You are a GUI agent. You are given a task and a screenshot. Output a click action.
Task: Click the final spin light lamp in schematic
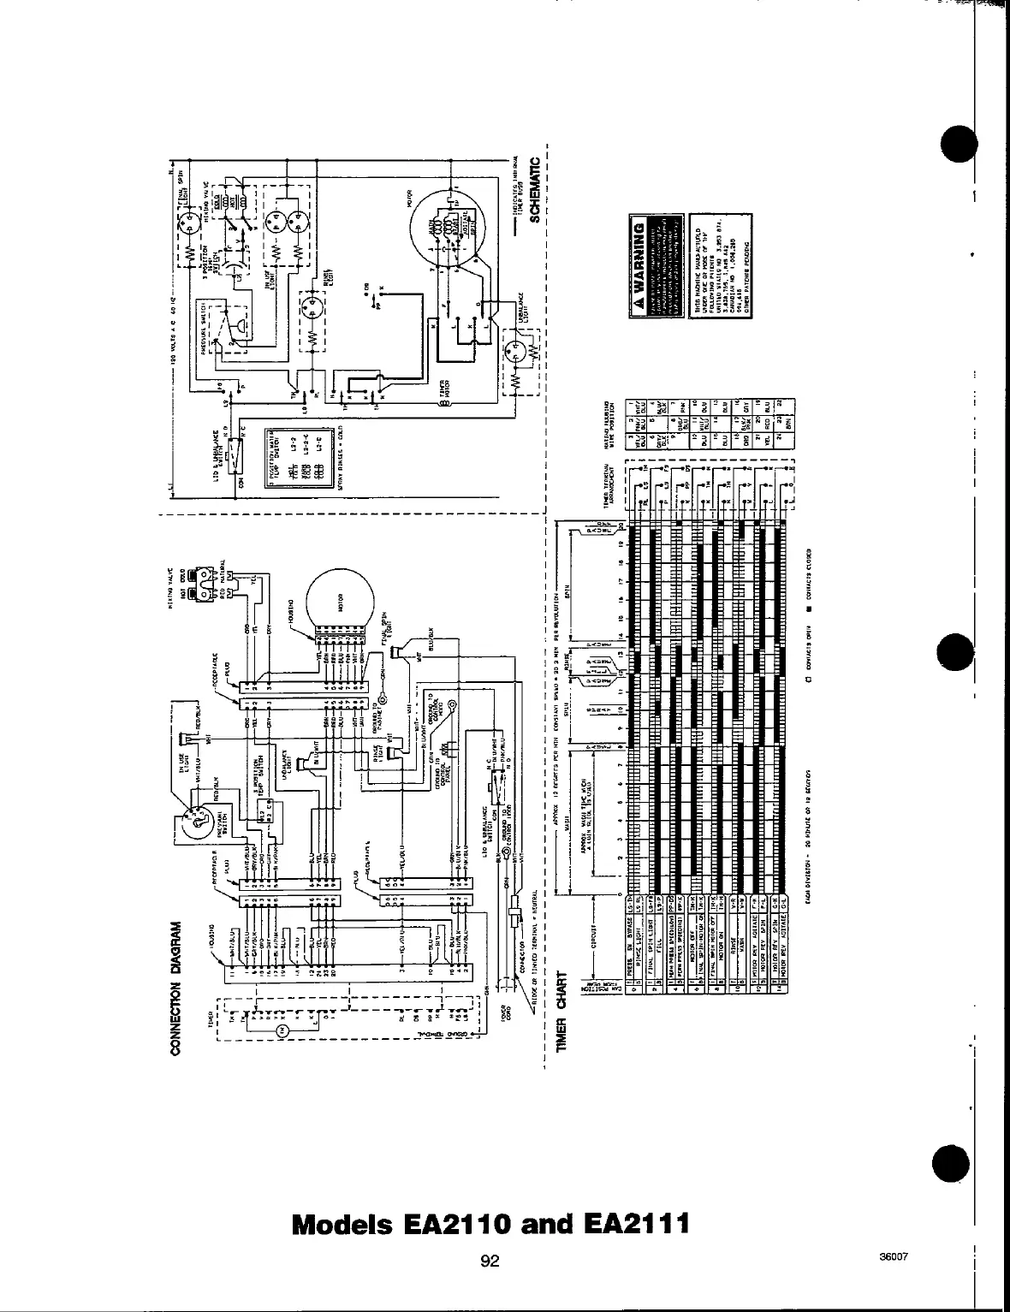click(189, 220)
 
